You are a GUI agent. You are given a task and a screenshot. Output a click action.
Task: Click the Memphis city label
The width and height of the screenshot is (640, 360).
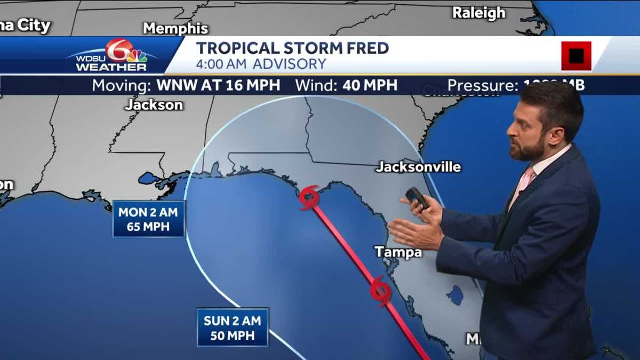pos(175,28)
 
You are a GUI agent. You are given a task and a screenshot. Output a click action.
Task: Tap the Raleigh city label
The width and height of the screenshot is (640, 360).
pos(478,13)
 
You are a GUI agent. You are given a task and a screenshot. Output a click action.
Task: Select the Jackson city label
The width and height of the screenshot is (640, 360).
pos(154,105)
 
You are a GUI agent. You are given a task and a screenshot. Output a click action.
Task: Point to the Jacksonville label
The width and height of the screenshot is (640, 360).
pos(418,167)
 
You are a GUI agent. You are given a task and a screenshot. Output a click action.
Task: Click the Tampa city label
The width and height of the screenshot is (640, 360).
pos(398,252)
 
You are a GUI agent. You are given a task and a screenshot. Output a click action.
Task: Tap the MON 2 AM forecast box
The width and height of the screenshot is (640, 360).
pos(149,219)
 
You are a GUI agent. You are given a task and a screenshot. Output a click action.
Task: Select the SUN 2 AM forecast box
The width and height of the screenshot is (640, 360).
pos(233,327)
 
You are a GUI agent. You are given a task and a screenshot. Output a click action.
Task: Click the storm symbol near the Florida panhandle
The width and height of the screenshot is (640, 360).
pos(309,197)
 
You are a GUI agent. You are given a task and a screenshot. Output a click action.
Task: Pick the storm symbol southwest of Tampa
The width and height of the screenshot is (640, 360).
pos(380,291)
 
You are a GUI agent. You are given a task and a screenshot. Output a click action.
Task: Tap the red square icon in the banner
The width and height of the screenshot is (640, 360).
pos(576,55)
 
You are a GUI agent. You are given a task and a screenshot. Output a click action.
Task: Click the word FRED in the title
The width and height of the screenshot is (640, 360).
pos(364,48)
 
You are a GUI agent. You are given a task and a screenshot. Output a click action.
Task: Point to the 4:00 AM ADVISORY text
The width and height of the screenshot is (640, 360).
pos(261,65)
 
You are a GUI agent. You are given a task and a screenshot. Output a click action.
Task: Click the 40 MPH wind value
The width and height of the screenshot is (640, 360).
pos(370,85)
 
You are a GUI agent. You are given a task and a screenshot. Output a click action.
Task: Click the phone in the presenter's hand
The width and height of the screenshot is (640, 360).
pos(417,198)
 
